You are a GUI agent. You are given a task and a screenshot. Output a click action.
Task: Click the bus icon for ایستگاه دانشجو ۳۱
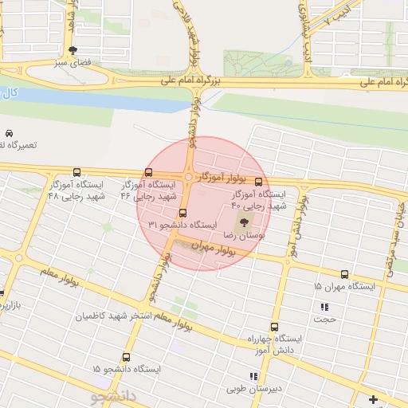pos(184,214)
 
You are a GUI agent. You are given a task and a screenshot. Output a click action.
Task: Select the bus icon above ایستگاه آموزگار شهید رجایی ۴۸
pos(76,172)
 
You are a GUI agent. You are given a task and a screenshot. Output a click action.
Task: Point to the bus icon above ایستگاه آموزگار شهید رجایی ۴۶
pos(149,173)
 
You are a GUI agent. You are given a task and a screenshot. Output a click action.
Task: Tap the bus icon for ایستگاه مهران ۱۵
pos(344,273)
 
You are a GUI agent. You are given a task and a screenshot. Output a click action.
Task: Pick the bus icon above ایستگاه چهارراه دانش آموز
pos(275,327)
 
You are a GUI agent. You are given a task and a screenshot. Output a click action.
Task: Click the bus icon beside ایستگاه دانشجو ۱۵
pos(172,370)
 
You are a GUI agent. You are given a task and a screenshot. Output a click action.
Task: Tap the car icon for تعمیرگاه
pos(9,133)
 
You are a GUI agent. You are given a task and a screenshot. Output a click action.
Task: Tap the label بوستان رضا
pos(246,236)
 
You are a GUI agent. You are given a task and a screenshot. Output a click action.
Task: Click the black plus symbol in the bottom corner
pos(373,398)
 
